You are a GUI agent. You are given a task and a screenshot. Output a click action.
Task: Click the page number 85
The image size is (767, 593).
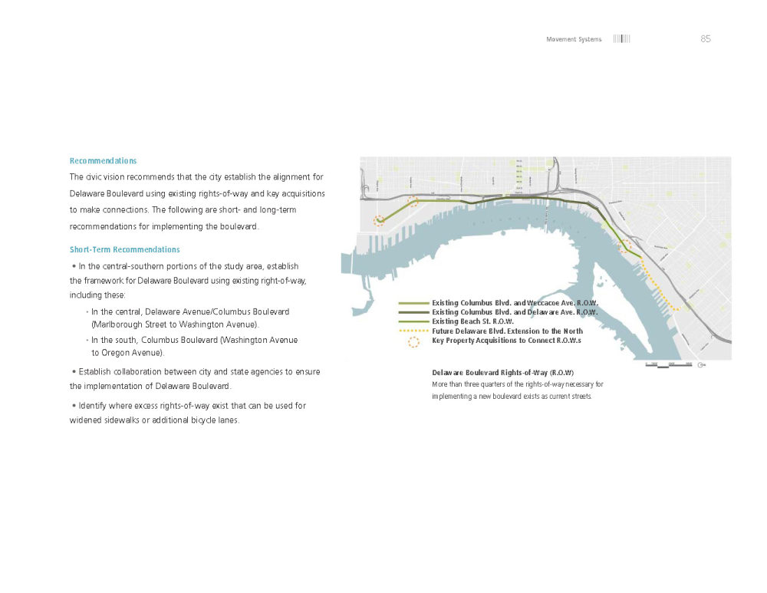tap(706, 39)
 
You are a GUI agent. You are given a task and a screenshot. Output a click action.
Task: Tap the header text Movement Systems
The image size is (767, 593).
tap(574, 39)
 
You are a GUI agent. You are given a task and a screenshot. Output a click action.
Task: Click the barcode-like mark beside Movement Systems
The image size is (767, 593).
tap(621, 39)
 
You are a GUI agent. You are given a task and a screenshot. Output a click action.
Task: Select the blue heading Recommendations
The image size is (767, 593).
tap(103, 161)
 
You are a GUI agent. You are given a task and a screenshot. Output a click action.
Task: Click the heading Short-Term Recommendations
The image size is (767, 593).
tap(124, 250)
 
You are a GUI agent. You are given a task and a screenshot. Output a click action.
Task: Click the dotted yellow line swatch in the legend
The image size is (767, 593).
tap(413, 331)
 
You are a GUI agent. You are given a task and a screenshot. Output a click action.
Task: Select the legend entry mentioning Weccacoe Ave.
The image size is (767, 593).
tap(515, 303)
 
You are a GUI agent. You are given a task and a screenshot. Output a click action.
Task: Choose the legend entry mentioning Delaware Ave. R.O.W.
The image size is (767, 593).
tap(515, 312)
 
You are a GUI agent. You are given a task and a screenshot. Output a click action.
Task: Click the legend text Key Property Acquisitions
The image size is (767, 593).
tap(506, 340)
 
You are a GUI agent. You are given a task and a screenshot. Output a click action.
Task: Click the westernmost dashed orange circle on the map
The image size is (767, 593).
tap(379, 220)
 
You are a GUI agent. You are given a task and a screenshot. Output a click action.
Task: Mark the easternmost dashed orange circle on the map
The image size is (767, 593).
tap(625, 245)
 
